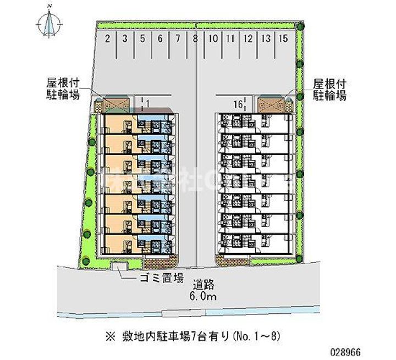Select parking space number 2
click(x=108, y=38)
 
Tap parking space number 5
click(x=142, y=38)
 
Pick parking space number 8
click(x=195, y=38)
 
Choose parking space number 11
click(x=230, y=38)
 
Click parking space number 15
click(x=283, y=38)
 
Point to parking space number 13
click(x=266, y=38)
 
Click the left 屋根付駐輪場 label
click(x=63, y=90)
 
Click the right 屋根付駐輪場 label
click(x=329, y=90)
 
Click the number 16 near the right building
click(x=237, y=103)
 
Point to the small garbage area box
click(x=118, y=267)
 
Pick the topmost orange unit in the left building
click(x=117, y=122)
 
